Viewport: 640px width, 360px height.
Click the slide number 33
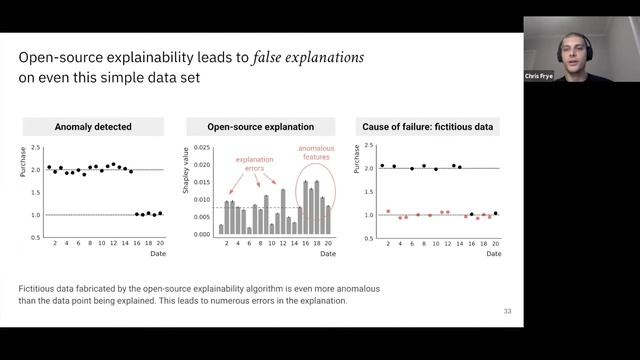(507, 312)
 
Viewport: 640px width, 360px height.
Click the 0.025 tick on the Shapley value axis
(200, 148)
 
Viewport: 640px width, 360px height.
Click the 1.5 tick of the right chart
(370, 192)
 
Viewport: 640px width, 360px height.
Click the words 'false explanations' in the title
(291, 56)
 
